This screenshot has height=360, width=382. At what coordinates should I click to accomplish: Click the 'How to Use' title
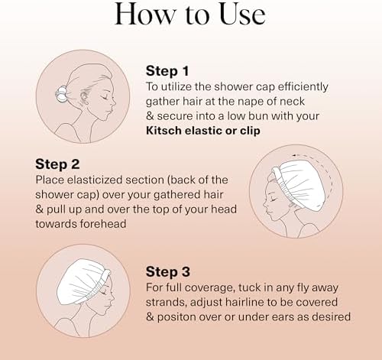point(191,14)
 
